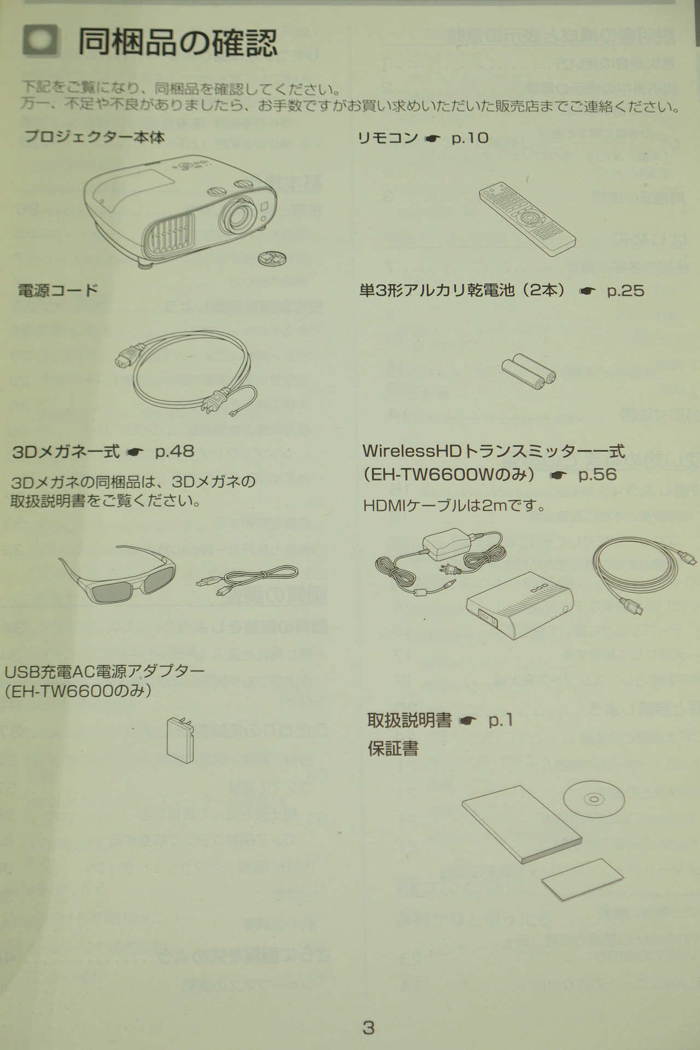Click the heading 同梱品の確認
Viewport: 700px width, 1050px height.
point(178,43)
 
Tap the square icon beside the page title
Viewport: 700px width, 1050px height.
point(40,41)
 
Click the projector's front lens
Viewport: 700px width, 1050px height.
point(238,217)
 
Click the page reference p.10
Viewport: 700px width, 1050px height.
point(470,138)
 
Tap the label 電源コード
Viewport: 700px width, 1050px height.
point(58,290)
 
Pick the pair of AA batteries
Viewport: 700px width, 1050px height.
point(528,371)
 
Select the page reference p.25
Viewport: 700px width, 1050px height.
point(626,290)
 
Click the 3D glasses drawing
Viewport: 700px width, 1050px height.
point(118,574)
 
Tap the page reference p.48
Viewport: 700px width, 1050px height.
point(174,452)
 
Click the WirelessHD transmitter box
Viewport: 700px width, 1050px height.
point(520,609)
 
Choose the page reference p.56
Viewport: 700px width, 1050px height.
point(598,474)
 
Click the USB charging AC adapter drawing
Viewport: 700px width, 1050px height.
point(180,740)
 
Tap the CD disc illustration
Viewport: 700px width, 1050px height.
point(593,800)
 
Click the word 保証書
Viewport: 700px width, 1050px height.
point(393,748)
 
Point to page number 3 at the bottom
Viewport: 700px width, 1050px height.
point(369,1028)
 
